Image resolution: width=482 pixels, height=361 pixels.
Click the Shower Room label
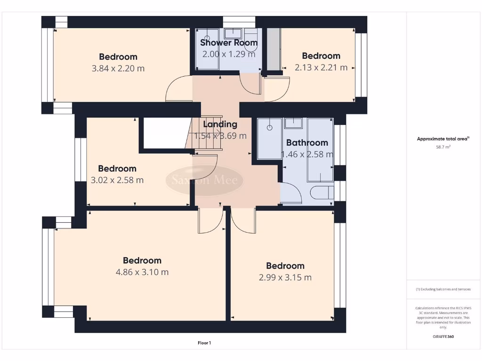(x=229, y=43)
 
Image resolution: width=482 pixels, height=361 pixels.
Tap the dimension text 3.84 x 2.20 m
(x=118, y=68)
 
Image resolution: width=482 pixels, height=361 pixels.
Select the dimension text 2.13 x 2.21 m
(x=321, y=67)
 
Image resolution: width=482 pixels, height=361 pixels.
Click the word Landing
(x=220, y=125)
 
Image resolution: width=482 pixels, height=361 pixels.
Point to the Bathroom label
(x=307, y=143)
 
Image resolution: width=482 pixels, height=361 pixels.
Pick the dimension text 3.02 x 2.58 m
(x=117, y=180)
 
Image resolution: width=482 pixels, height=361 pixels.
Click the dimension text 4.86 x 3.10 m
(x=142, y=272)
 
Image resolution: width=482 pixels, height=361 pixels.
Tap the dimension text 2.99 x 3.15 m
(x=285, y=277)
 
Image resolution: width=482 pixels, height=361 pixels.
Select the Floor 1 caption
(x=204, y=343)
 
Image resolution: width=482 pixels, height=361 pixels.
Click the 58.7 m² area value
(x=443, y=147)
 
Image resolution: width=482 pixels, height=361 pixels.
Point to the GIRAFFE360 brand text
(x=443, y=337)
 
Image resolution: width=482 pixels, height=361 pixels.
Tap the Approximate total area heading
(x=443, y=139)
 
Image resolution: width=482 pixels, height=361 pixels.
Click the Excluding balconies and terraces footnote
(x=443, y=289)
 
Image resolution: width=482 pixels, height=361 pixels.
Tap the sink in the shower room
(x=233, y=34)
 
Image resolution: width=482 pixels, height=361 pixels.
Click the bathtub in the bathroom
(x=320, y=149)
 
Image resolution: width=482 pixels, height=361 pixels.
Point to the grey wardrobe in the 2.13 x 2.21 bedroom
(x=273, y=49)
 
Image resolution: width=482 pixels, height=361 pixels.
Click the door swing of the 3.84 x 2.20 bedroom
(x=178, y=89)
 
